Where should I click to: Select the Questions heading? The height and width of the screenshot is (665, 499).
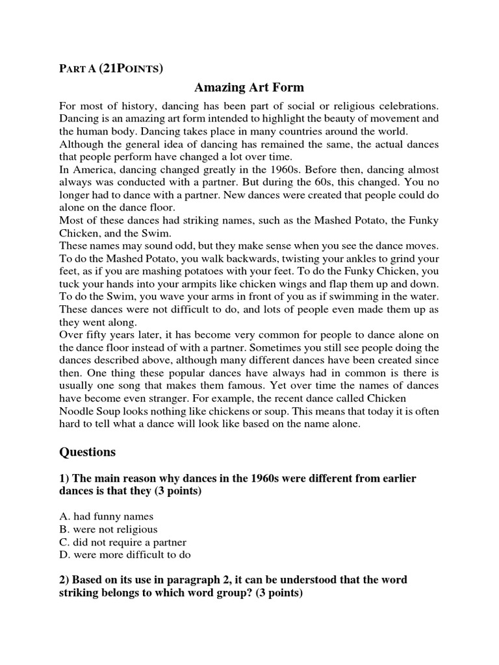pyautogui.click(x=87, y=451)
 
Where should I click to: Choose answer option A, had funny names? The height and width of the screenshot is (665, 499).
pyautogui.click(x=106, y=516)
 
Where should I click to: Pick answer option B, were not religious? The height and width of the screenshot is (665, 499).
pyautogui.click(x=108, y=529)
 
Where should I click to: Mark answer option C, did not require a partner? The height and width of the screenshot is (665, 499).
pyautogui.click(x=122, y=542)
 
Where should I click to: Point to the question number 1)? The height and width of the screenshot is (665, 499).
pyautogui.click(x=64, y=478)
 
